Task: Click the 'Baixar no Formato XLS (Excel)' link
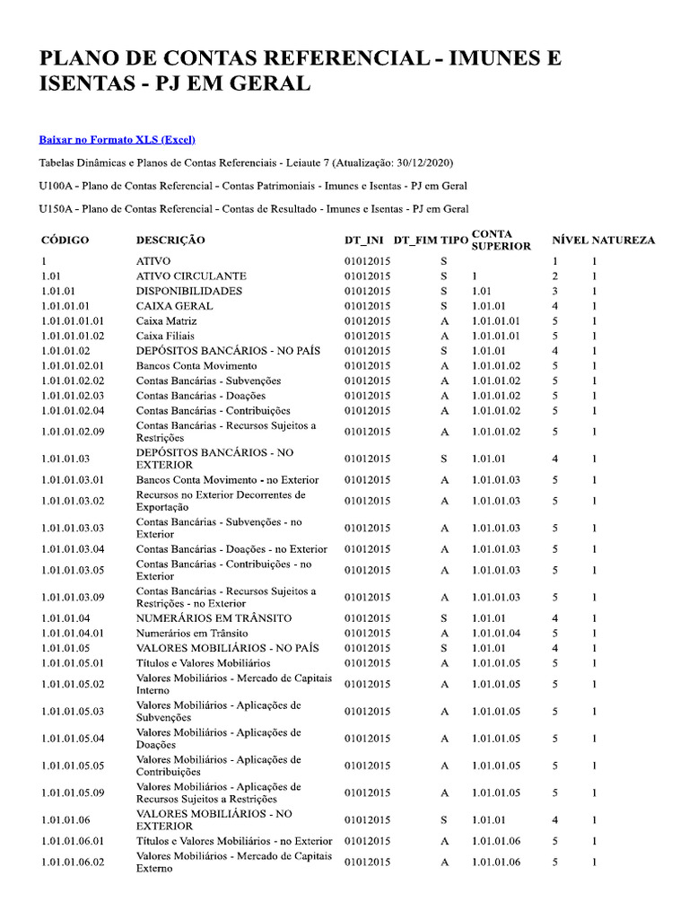(118, 140)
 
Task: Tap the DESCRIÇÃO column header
(170, 241)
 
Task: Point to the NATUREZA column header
(623, 241)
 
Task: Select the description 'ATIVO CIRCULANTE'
(191, 276)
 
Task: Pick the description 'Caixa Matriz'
(167, 321)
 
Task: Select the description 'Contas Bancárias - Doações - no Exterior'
(231, 549)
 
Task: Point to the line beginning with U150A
(254, 209)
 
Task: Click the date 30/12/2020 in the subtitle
(422, 162)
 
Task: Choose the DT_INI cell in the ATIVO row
(367, 261)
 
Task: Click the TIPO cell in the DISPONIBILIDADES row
(444, 292)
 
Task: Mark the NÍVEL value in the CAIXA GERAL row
(555, 306)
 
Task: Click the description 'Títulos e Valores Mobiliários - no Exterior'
(234, 842)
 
